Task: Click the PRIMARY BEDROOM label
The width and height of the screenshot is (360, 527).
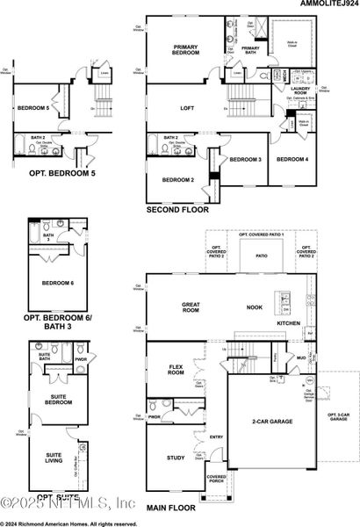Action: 186,50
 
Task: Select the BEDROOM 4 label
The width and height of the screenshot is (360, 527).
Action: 292,159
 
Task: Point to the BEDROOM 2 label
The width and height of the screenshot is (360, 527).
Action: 178,180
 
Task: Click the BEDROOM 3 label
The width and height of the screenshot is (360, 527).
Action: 246,159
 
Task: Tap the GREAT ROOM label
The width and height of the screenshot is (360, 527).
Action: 191,308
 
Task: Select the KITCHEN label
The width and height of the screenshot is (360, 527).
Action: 288,323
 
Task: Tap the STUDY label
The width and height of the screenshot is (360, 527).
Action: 176,457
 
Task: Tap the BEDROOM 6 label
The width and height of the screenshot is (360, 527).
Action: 59,283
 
